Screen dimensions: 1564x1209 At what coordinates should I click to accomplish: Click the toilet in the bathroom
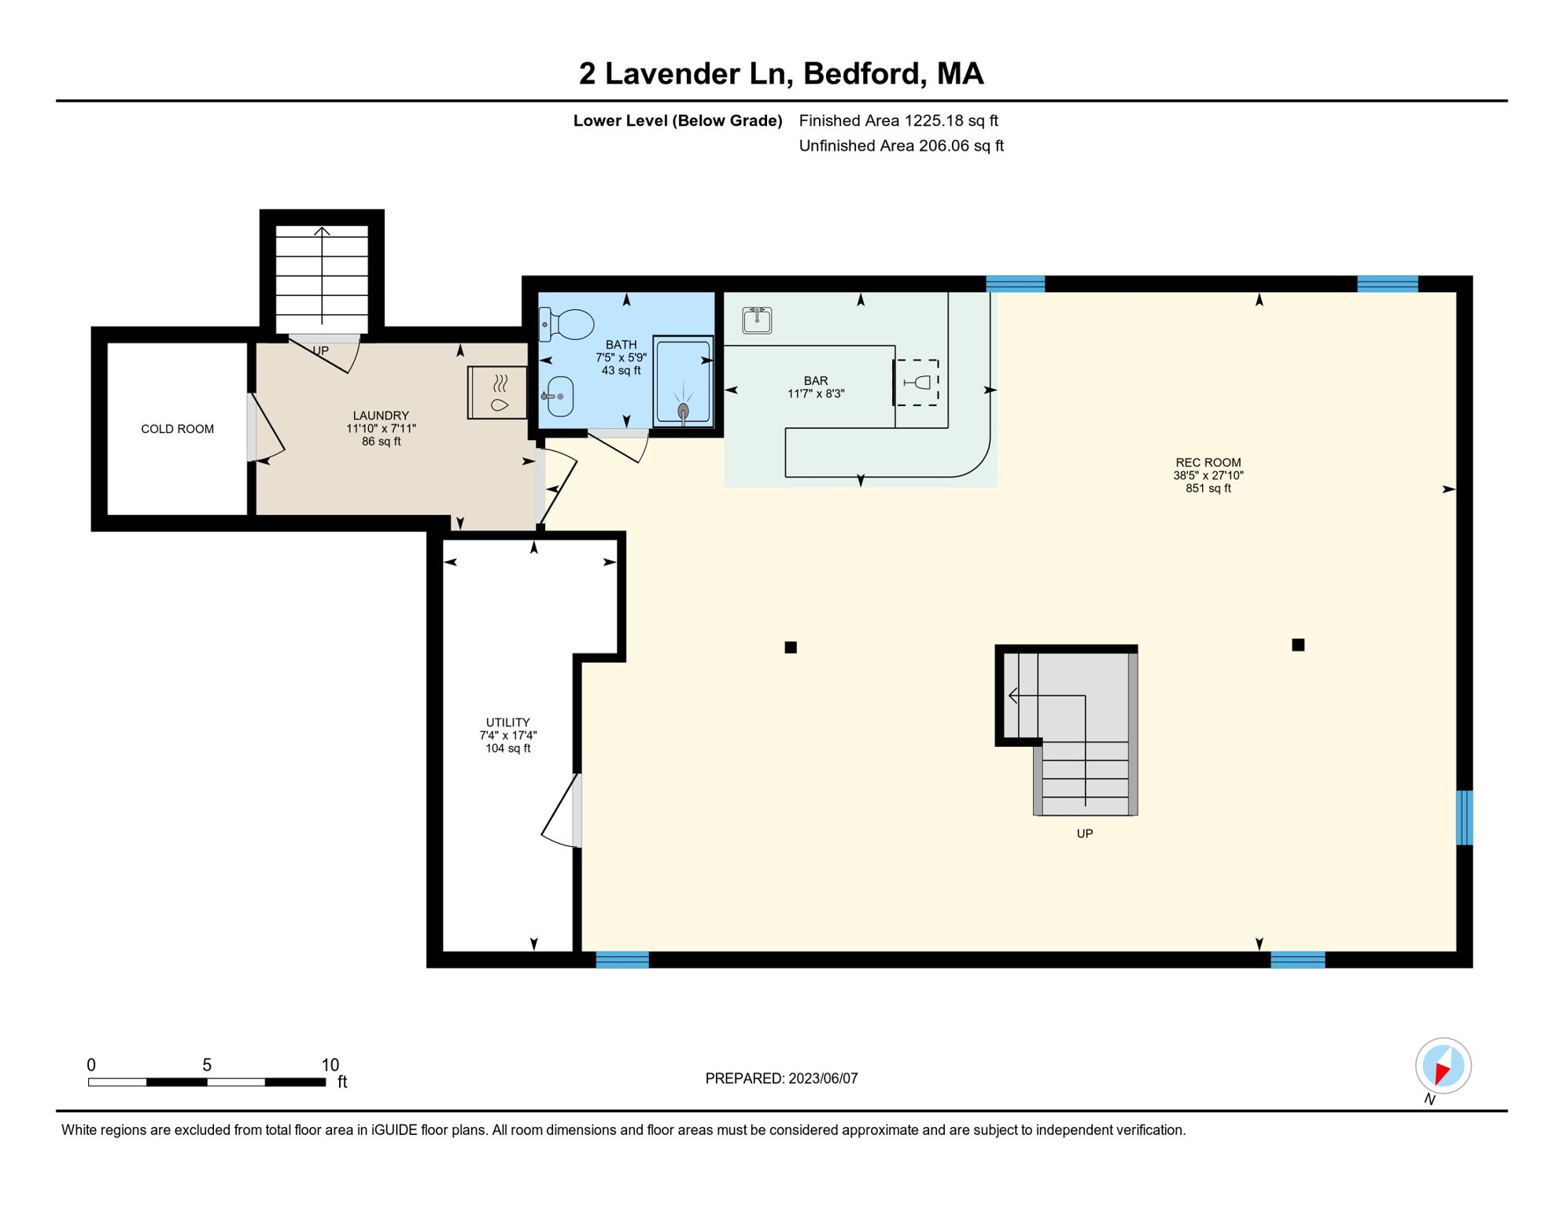566,324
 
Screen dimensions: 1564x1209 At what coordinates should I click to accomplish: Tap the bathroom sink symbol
559,396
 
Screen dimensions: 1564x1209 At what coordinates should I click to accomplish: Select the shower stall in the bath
683,382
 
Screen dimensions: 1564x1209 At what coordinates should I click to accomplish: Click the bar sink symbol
757,320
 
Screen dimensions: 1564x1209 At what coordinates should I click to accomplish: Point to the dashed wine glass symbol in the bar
917,383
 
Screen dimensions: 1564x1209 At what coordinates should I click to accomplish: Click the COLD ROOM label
177,429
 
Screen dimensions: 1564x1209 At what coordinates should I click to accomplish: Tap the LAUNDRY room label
381,416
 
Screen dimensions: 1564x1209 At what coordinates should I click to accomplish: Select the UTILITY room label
507,723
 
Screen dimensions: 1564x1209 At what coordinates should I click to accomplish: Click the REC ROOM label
1208,463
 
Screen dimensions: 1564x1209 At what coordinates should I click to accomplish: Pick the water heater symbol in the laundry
497,392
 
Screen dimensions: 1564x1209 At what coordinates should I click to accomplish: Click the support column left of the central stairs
791,648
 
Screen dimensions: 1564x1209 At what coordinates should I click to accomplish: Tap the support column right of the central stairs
1298,645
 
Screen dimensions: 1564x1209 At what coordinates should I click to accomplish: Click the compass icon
1443,1067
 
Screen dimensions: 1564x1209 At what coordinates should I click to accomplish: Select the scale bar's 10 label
330,1065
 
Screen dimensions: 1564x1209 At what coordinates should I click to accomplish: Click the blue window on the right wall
1464,818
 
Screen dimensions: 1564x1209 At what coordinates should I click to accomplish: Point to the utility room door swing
560,811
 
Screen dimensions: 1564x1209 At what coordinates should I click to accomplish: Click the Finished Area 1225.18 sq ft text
898,120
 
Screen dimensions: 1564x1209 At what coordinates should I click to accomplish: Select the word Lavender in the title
695,74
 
